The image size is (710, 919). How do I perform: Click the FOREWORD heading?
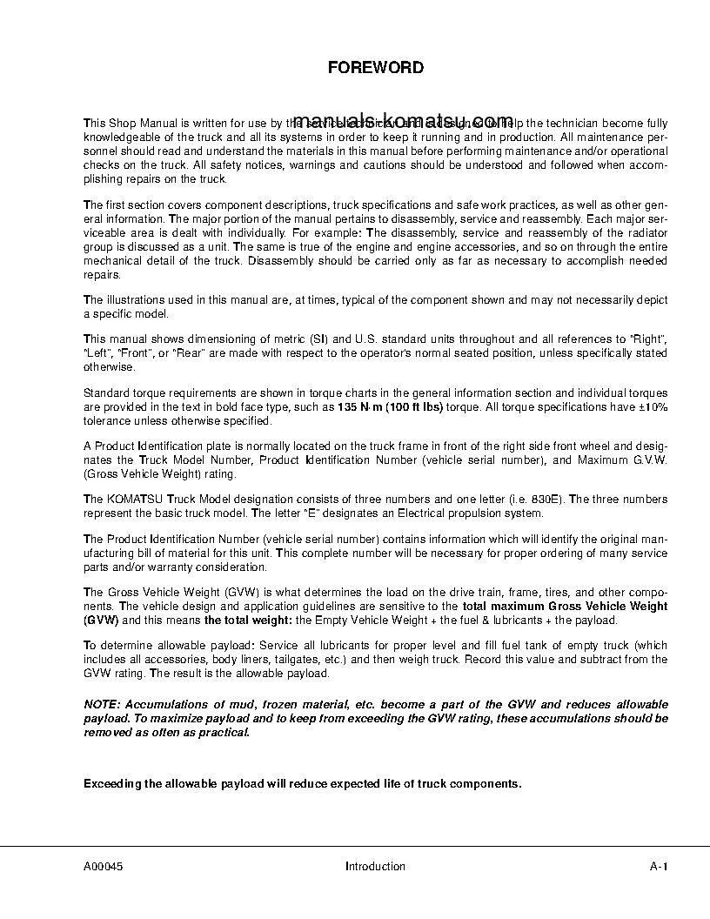375,67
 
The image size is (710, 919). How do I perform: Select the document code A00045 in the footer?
104,866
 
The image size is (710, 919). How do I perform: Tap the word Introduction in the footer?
375,866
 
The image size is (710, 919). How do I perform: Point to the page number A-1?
659,866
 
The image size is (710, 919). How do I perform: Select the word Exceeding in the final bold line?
111,782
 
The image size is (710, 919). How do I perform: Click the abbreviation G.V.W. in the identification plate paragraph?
650,460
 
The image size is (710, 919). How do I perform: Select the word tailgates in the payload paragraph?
274,660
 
